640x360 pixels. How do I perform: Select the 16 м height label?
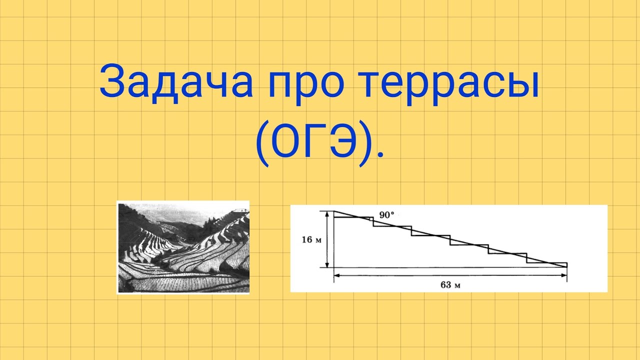coord(311,239)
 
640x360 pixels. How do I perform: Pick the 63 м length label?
coord(450,285)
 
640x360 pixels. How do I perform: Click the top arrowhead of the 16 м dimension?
coord(327,213)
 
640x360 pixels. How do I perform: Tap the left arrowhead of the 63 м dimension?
coord(336,275)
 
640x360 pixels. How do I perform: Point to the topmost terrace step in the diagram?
coord(353,217)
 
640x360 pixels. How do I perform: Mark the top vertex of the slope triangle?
coord(334,211)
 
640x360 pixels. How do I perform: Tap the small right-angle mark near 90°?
coord(373,218)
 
